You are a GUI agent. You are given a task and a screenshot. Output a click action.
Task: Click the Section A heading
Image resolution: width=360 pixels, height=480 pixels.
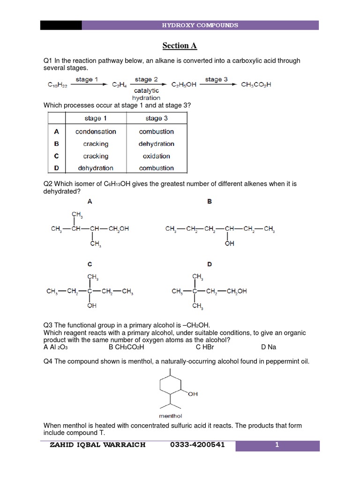coord(180,45)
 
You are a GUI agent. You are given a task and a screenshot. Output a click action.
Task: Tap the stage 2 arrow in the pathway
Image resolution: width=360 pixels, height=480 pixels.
coord(146,84)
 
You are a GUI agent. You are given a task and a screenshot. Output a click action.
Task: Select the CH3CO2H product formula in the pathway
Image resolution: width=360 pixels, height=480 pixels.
coord(256,85)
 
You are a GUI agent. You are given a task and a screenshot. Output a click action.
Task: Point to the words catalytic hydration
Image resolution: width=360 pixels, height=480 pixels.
coord(146,94)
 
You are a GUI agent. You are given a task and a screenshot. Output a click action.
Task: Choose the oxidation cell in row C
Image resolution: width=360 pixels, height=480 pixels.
coord(156,156)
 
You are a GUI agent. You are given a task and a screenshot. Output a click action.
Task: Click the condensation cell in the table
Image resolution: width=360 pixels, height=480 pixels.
coord(96,132)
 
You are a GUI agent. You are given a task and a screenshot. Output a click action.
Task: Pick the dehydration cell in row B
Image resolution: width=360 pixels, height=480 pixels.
coord(156,144)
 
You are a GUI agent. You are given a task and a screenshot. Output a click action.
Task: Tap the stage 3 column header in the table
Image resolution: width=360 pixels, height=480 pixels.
coord(156,119)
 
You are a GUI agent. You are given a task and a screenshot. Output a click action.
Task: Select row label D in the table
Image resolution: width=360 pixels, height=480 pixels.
coord(57,168)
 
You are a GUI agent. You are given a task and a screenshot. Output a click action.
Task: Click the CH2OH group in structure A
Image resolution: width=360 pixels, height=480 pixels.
coord(119,229)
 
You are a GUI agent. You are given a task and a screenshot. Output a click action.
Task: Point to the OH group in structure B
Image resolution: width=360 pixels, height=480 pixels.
coord(229,244)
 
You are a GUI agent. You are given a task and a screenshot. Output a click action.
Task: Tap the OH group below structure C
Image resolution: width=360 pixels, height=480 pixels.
coord(92,306)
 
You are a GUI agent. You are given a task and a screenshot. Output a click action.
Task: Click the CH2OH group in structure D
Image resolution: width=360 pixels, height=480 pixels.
coord(236,291)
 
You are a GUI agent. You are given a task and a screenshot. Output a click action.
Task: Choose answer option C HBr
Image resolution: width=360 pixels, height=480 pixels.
coord(205,347)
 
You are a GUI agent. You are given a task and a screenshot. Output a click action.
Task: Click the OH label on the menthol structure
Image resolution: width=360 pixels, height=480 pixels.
coord(193,394)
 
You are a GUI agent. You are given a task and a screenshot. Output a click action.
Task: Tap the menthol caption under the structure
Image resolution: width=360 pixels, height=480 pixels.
coord(171,416)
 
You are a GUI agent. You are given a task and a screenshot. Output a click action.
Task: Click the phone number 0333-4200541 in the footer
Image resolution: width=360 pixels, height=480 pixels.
coord(198,445)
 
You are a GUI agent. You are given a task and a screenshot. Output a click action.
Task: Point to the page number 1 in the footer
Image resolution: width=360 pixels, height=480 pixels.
coord(277,445)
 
